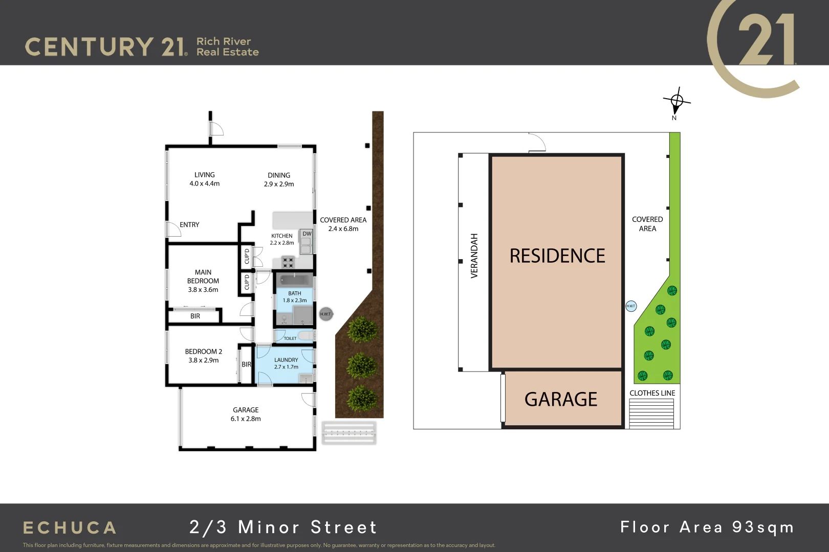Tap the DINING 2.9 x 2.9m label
(x=279, y=179)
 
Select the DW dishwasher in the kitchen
(x=307, y=234)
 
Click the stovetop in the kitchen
(x=288, y=262)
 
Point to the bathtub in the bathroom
(x=294, y=280)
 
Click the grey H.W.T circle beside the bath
(x=325, y=314)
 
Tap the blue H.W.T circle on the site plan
(x=631, y=306)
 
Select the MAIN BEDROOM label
(x=203, y=281)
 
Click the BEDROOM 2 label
(x=204, y=356)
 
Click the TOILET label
(x=290, y=338)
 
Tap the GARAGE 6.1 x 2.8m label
(x=246, y=414)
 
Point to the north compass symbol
(x=677, y=101)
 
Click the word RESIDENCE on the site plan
(x=557, y=256)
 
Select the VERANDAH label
(x=474, y=256)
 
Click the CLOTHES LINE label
(x=652, y=393)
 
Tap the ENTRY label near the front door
(x=189, y=225)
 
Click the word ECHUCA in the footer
(x=70, y=527)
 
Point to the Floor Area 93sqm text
(x=707, y=527)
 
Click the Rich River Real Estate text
(x=227, y=47)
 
